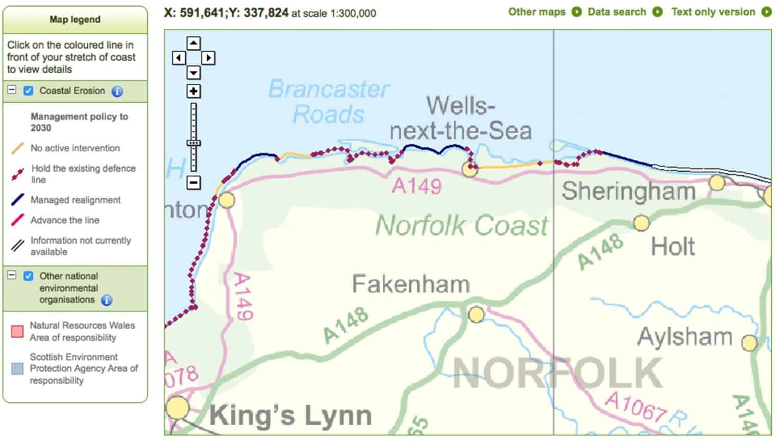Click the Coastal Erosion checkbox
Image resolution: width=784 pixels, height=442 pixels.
(x=29, y=91)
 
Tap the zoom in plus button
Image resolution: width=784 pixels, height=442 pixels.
(x=193, y=91)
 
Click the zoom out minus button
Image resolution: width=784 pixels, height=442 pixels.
(x=193, y=182)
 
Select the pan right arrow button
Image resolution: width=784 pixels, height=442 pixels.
(x=208, y=58)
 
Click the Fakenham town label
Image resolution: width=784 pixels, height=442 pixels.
(x=410, y=284)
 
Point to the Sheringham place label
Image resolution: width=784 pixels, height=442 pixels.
(x=628, y=192)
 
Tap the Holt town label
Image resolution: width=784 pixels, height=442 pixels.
(x=673, y=247)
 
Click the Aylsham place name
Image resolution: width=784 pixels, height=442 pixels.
(x=684, y=337)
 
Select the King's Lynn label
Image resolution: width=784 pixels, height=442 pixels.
(x=290, y=415)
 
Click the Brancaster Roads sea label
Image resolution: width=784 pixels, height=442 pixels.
(x=329, y=102)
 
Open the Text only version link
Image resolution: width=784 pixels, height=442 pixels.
(x=713, y=12)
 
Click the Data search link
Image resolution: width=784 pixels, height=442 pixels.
(x=617, y=12)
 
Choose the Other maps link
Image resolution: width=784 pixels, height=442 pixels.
(x=536, y=12)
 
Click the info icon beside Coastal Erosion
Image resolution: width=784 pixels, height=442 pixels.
(x=117, y=91)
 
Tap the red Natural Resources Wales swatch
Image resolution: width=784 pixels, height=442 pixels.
(x=17, y=332)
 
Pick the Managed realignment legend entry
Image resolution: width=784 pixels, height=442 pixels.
(x=75, y=200)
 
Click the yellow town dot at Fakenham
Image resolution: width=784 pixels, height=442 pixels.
(x=476, y=314)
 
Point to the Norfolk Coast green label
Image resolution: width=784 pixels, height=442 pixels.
(x=461, y=225)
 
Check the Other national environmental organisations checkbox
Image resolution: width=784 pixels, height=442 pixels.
(x=29, y=276)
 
